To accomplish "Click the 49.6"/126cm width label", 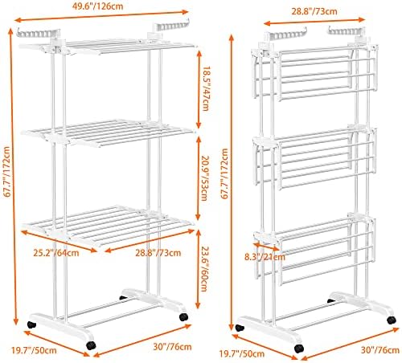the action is (x=98, y=6).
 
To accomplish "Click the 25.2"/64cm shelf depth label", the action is (x=56, y=253).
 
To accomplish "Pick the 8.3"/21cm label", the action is (x=265, y=257).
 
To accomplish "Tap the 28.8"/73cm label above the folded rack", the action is (x=314, y=11).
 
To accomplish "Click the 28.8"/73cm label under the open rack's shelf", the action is (x=158, y=253).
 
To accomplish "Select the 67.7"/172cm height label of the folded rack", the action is (x=224, y=173).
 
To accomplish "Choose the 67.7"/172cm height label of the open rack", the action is (x=7, y=172).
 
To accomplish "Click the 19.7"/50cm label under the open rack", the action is (x=34, y=350).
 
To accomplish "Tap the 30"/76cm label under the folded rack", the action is (x=380, y=350).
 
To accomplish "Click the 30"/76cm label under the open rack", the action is (x=172, y=347).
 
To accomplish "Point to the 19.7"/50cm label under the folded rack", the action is (x=242, y=354).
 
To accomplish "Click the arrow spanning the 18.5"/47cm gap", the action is (x=199, y=89).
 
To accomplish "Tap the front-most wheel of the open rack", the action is (x=91, y=345).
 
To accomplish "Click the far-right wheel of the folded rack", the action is (x=392, y=320).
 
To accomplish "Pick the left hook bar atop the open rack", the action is (x=39, y=33).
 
